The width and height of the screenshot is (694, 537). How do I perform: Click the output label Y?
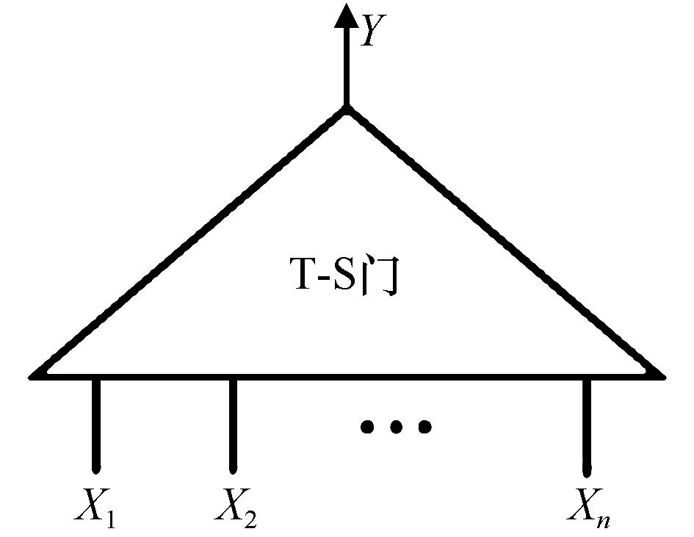[372, 32]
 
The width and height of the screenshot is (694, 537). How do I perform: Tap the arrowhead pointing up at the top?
[347, 16]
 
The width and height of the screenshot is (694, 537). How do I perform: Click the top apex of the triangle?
[347, 110]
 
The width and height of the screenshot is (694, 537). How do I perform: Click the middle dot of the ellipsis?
[396, 426]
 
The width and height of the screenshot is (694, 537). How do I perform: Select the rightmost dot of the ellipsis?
[424, 426]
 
